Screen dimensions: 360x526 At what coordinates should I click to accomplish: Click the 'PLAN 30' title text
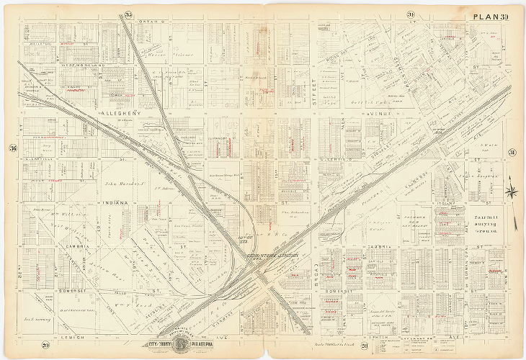(491, 17)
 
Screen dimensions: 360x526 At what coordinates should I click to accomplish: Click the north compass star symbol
(511, 190)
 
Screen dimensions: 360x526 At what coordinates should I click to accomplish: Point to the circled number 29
(45, 347)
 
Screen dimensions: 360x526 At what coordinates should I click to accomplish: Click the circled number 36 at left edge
(12, 149)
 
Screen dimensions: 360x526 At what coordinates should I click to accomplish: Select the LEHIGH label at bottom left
(72, 337)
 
